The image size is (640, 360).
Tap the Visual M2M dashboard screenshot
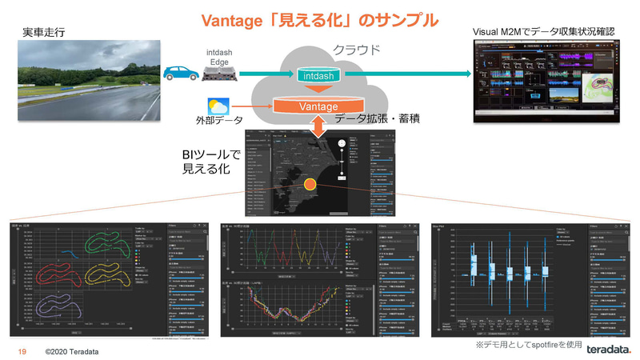[549, 80]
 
